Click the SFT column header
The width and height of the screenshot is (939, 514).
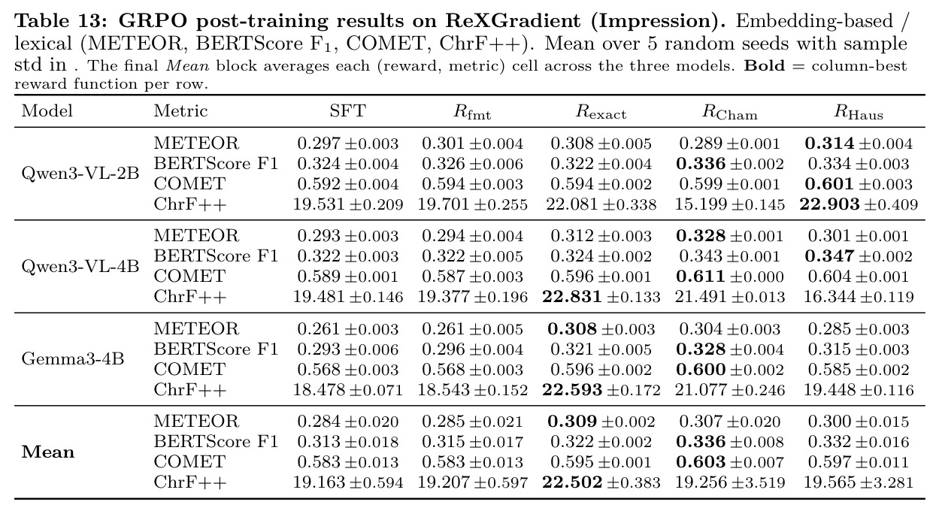(x=347, y=111)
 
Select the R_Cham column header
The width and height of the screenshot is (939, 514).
(x=730, y=112)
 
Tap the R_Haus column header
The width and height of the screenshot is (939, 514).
(x=859, y=112)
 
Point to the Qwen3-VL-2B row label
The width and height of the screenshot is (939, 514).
(x=80, y=174)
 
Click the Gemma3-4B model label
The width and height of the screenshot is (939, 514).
(x=73, y=359)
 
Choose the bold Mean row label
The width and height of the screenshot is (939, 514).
(x=48, y=452)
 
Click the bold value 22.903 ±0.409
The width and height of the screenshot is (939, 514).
(x=859, y=204)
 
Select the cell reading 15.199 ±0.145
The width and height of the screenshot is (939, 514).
(x=730, y=204)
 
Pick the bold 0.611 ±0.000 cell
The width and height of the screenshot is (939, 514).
(x=730, y=277)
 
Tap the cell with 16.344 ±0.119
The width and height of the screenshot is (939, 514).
(x=859, y=297)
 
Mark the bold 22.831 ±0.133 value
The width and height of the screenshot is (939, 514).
(x=601, y=297)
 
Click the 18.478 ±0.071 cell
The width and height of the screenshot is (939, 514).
(x=347, y=390)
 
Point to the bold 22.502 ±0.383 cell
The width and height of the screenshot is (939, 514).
(x=601, y=482)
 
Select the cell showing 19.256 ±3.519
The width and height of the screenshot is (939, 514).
(x=730, y=482)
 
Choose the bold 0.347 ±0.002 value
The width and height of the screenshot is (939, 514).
(x=859, y=256)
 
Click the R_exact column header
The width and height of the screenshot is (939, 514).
(x=601, y=112)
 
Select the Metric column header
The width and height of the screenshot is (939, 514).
(x=180, y=111)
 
